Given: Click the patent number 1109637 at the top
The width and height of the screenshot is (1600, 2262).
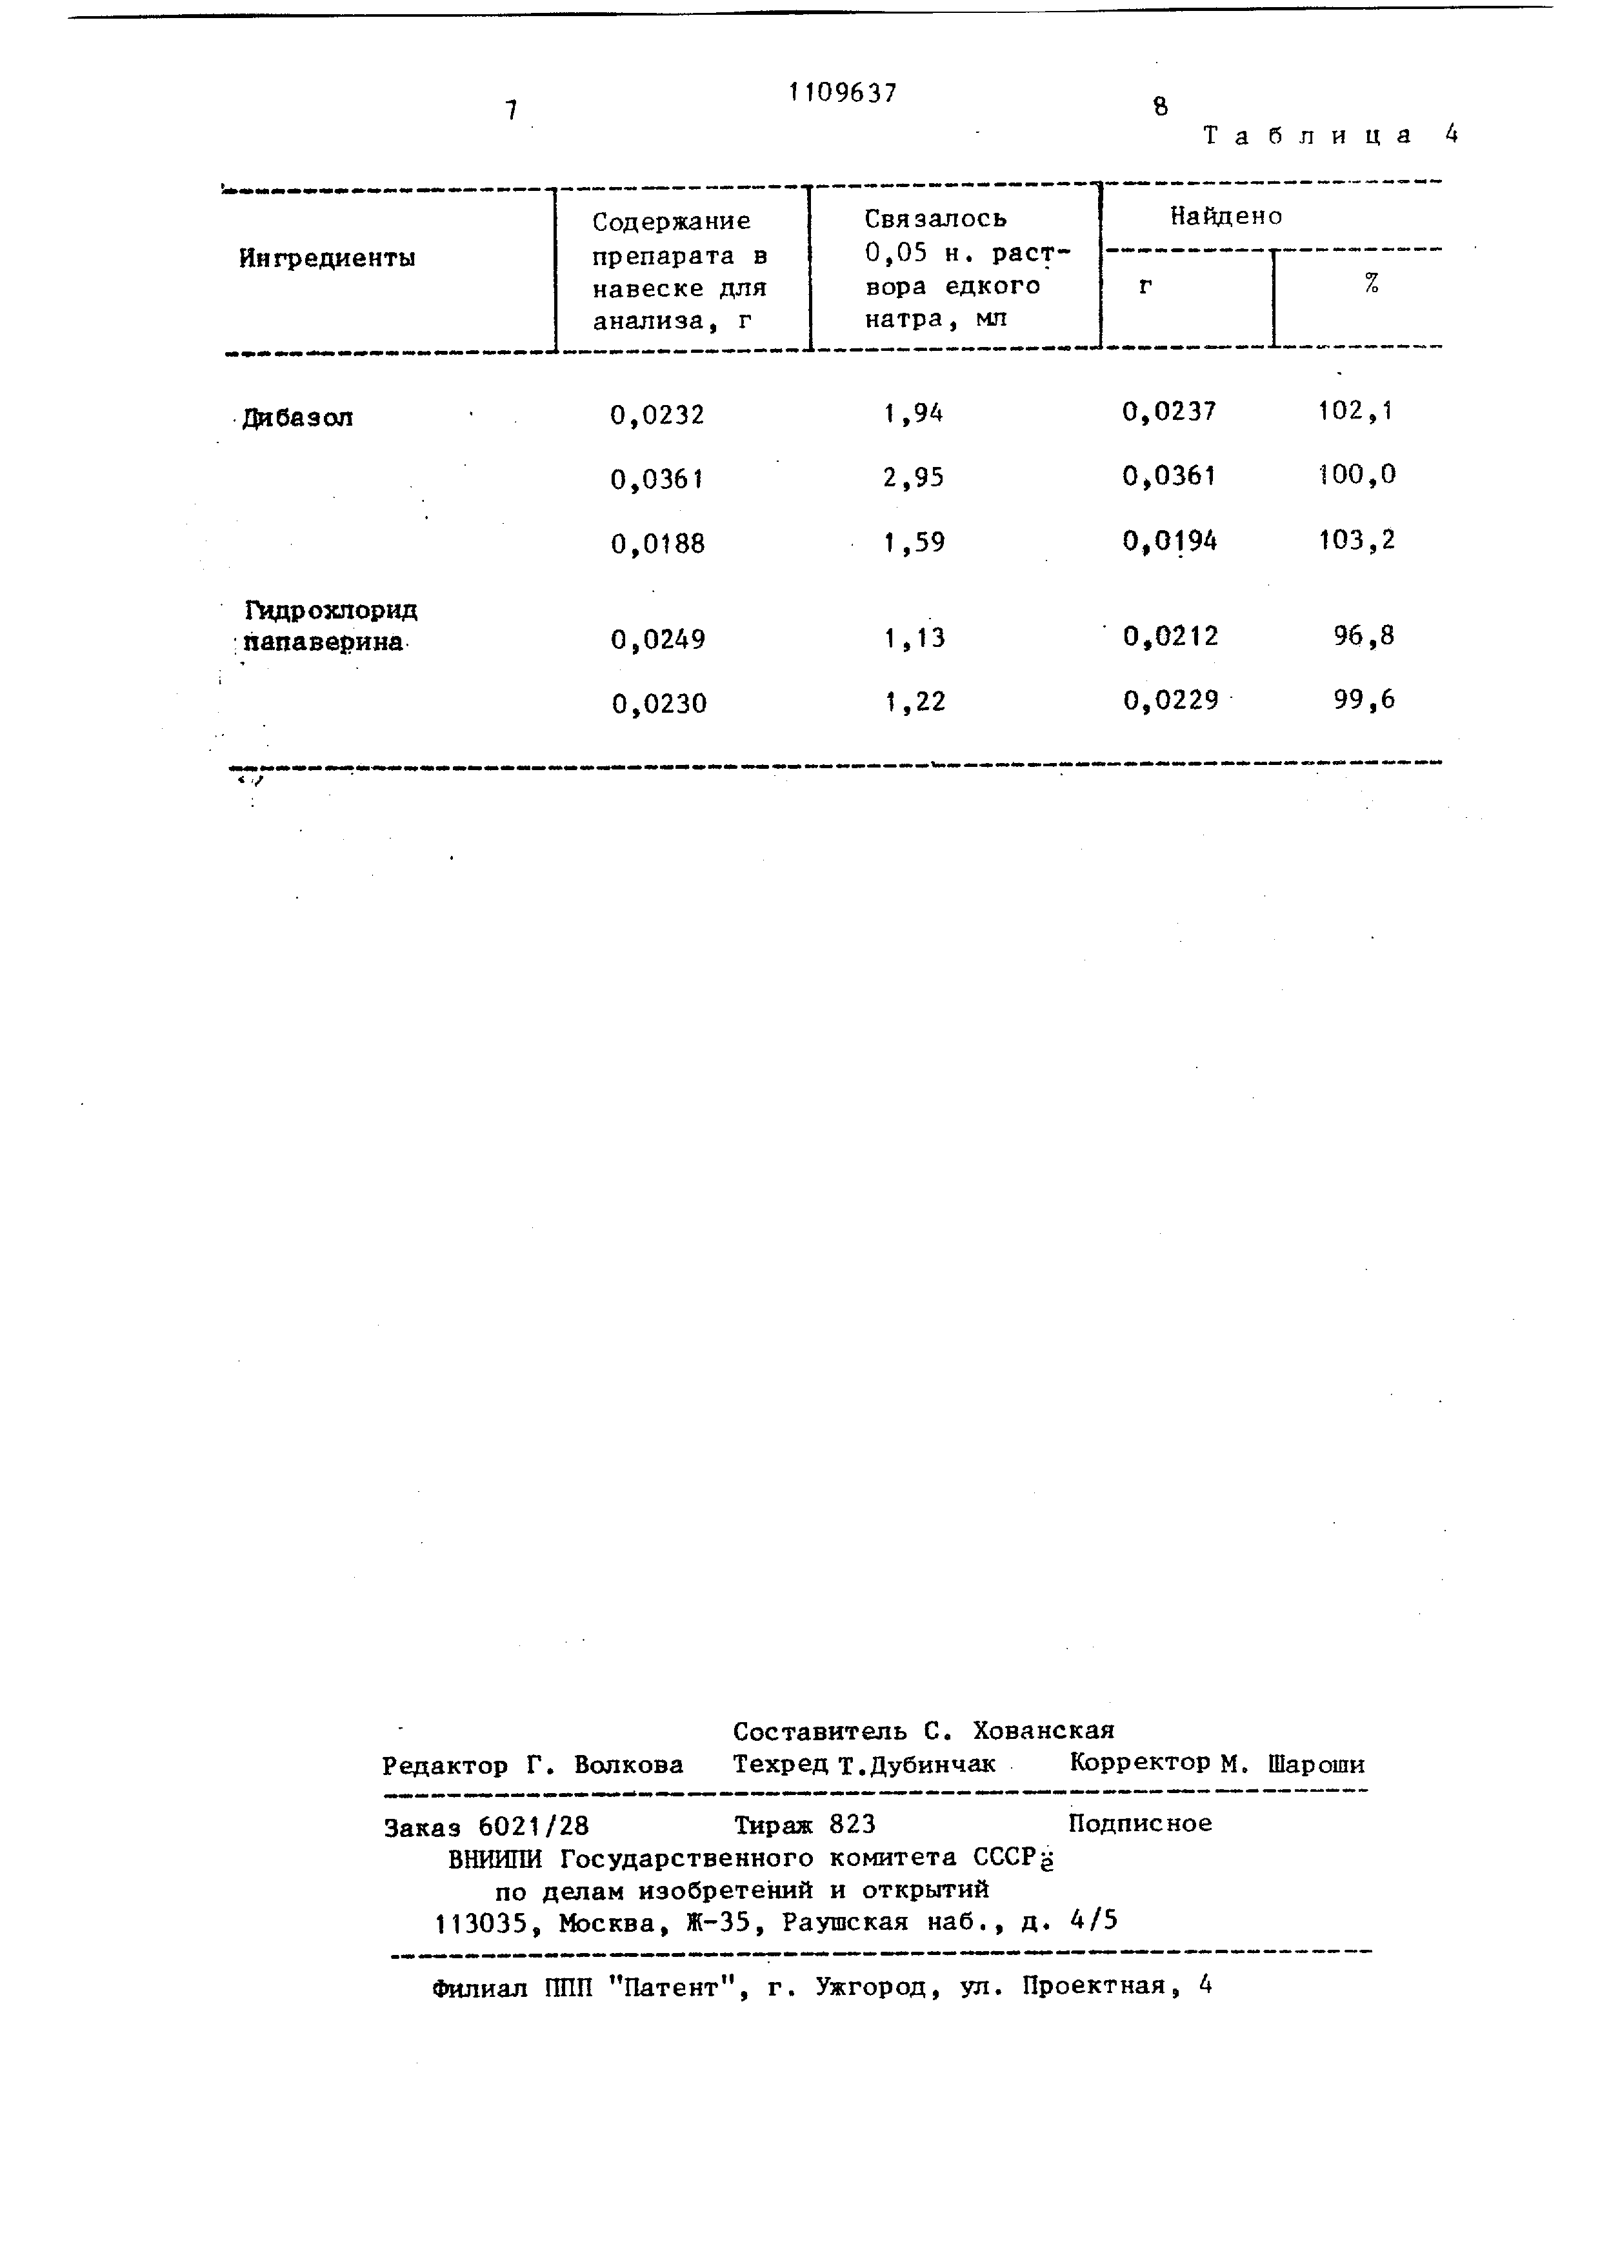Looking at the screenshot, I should click(843, 93).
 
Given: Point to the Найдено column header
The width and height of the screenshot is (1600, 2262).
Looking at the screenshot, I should click(1226, 216).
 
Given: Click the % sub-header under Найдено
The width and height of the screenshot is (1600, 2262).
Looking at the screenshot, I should click(1370, 284).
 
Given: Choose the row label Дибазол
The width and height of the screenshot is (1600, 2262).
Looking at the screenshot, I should click(297, 418).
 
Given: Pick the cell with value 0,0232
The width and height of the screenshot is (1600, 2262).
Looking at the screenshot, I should click(657, 415).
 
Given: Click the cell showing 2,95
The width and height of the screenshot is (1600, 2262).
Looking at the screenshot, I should click(914, 478).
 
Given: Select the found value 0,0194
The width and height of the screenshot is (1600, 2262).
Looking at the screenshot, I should click(1170, 541).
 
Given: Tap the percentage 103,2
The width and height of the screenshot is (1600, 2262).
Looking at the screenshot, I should click(1357, 540).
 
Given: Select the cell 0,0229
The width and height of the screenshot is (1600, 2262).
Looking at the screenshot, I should click(1170, 700).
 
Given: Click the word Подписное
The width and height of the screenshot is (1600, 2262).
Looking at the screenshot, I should click(1140, 1823).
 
